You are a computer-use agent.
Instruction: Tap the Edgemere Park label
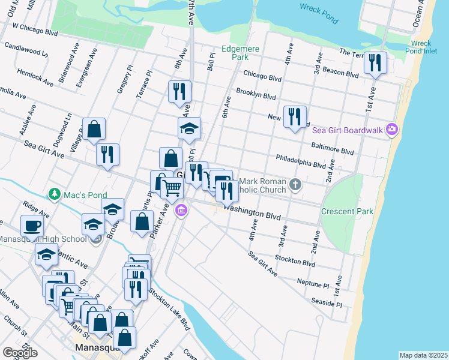coord(235,53)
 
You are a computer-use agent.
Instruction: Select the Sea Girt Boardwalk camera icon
coord(393,129)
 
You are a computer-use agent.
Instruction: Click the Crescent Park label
coord(347,211)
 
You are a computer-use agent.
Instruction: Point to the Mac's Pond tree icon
coord(55,194)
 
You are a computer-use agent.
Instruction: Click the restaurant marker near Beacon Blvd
coord(375,63)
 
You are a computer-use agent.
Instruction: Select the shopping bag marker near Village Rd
coord(94,128)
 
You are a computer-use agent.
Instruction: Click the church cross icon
coord(295,184)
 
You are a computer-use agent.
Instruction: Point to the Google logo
coord(20,352)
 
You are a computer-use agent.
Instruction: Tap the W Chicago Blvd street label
coord(35,30)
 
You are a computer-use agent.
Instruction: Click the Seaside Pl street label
coord(327,302)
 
